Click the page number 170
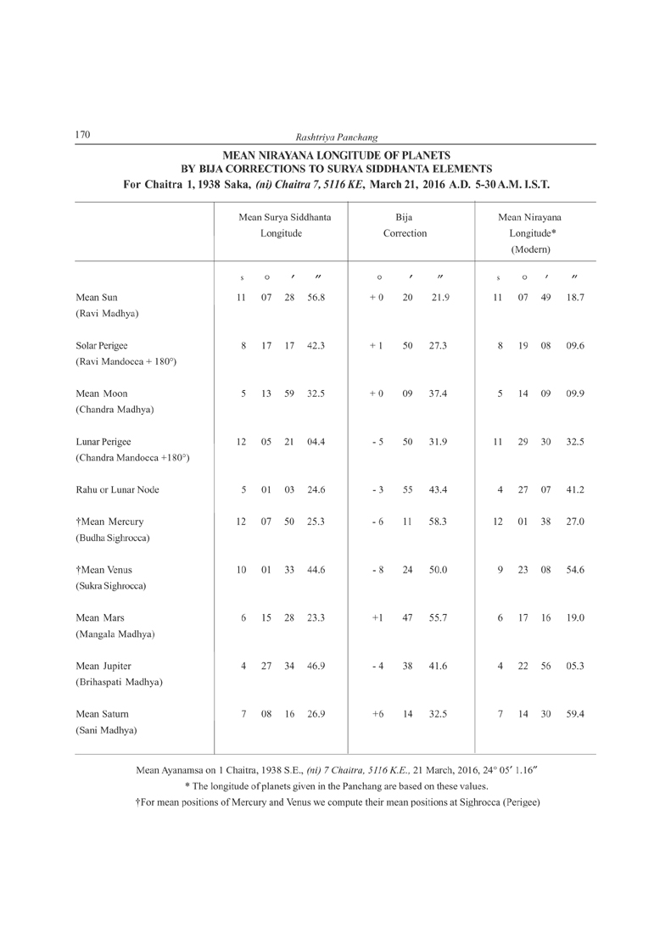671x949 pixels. point(84,135)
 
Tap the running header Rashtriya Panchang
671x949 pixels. point(337,137)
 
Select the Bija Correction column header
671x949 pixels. point(405,225)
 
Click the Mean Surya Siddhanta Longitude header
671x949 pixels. point(283,225)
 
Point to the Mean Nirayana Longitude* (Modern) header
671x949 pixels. point(530,233)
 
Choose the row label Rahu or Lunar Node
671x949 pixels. point(117,489)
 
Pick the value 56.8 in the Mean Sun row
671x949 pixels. point(316,298)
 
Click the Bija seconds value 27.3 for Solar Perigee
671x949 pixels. point(439,346)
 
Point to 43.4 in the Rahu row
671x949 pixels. point(439,489)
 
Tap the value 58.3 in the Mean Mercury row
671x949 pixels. point(439,522)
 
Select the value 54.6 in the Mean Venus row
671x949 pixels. point(574,570)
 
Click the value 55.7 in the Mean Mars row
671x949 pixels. point(439,617)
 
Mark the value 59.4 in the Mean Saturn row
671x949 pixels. point(574,714)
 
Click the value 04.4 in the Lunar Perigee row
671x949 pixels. point(316,442)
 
